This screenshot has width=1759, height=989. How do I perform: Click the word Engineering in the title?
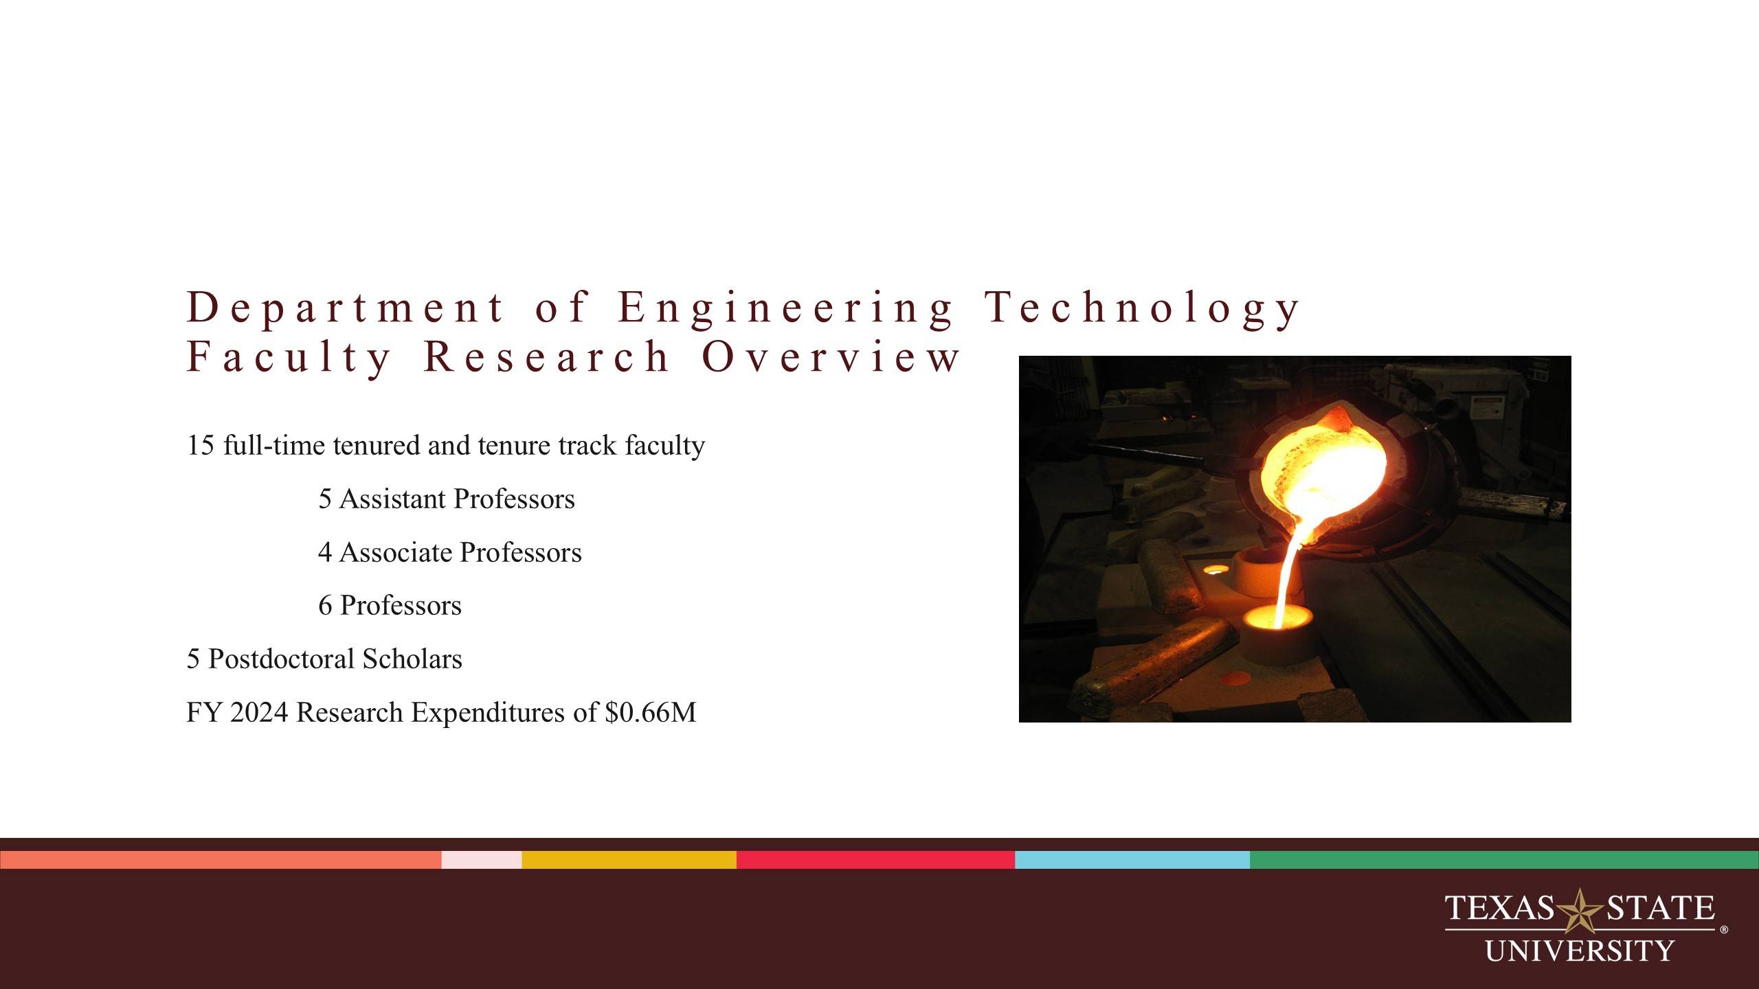click(785, 307)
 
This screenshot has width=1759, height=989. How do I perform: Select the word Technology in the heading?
click(1141, 307)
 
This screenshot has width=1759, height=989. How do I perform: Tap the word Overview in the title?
click(830, 356)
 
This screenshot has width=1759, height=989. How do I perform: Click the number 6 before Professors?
click(325, 606)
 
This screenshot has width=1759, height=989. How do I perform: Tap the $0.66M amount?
click(650, 712)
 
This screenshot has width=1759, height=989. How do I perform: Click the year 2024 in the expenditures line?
click(258, 712)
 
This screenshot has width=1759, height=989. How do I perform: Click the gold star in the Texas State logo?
click(1580, 911)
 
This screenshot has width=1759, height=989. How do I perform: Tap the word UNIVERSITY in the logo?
click(1580, 951)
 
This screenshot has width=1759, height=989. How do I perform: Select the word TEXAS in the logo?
click(1499, 908)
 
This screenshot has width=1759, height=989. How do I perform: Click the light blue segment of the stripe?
click(1132, 860)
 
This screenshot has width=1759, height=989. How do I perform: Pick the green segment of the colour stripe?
click(1503, 860)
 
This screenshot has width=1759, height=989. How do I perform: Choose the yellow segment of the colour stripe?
click(629, 860)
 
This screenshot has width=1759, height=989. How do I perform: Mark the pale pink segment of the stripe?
click(481, 860)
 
